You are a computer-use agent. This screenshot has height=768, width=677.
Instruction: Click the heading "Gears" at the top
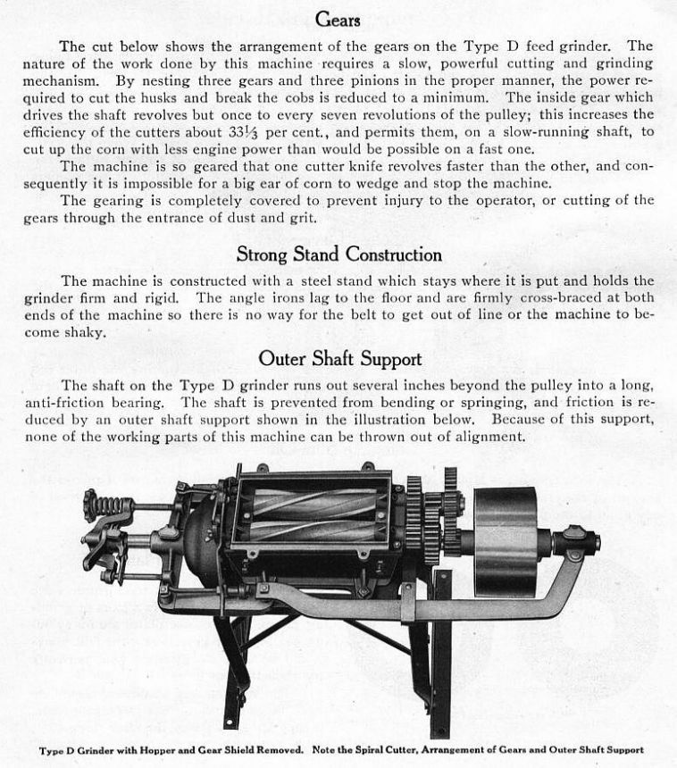coord(338,19)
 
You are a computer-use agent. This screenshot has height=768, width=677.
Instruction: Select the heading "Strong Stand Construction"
coord(338,255)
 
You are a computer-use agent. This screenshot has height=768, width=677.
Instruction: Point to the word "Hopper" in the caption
coord(146,749)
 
